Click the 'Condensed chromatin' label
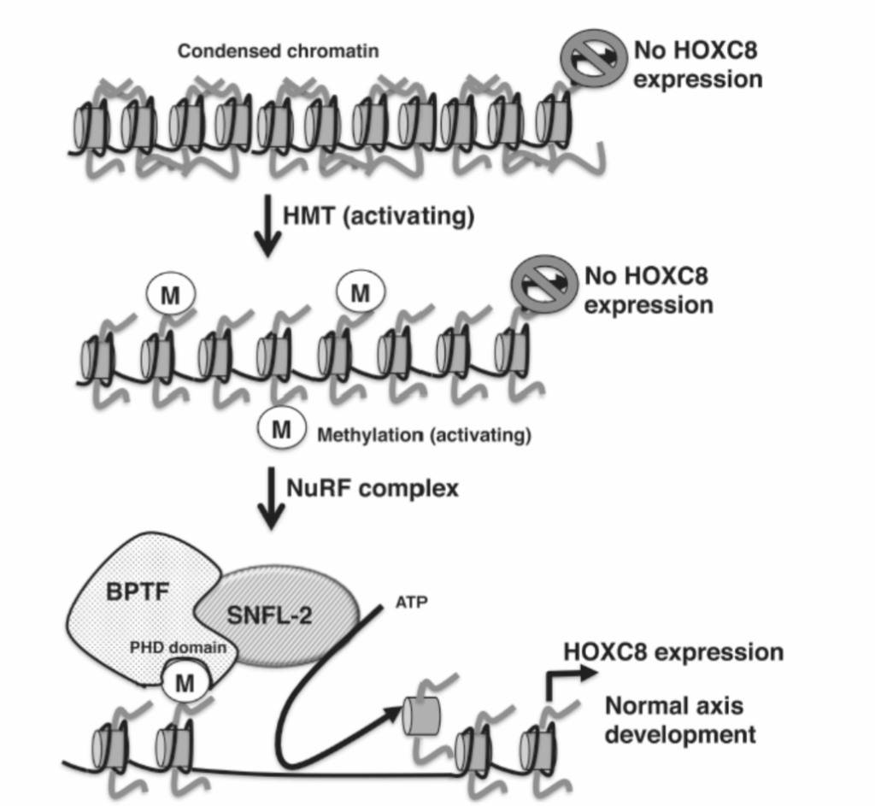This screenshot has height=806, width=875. tap(278, 51)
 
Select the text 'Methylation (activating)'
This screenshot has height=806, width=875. tap(424, 436)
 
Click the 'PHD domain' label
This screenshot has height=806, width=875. tap(179, 647)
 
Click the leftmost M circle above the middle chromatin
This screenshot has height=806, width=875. tap(170, 296)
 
